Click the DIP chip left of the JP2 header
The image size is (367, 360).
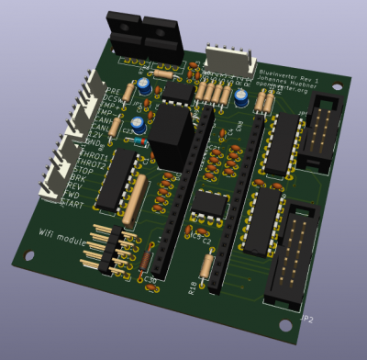261,220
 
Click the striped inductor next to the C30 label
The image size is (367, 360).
135,202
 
